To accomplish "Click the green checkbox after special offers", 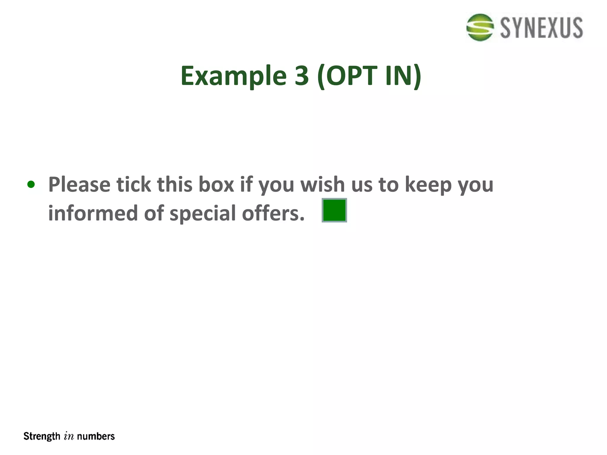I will click(334, 210).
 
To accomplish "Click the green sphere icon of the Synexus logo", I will click(480, 27).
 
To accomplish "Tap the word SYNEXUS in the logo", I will click(541, 28).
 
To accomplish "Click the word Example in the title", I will click(233, 76).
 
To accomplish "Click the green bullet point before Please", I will click(31, 185).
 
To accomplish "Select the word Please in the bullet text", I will click(79, 185).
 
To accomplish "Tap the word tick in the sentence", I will click(133, 184).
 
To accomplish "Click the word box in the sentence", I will click(216, 184).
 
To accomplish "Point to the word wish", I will click(322, 184).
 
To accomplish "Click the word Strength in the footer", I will click(42, 436).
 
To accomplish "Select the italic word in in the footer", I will click(69, 437).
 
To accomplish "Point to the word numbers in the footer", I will click(96, 436).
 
